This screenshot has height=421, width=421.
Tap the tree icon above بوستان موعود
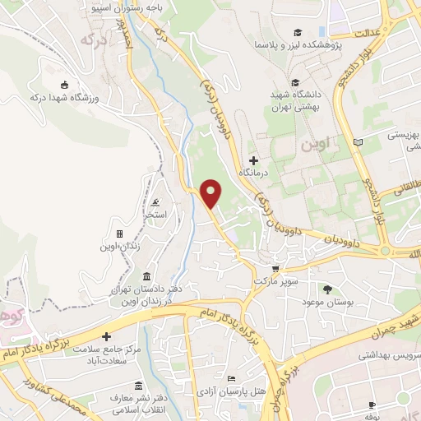click(327, 289)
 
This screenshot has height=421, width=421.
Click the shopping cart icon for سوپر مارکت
click(276, 268)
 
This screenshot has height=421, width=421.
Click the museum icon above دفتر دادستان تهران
click(146, 276)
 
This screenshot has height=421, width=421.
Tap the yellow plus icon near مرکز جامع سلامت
click(105, 336)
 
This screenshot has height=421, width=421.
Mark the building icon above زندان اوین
click(120, 234)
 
